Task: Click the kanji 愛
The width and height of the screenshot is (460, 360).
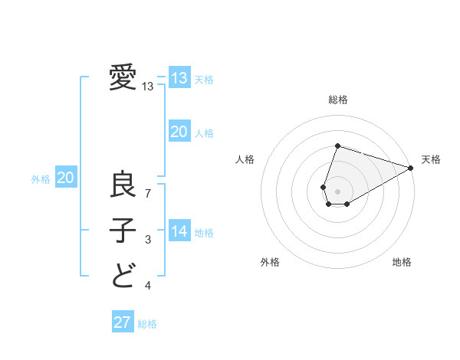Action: coord(123,78)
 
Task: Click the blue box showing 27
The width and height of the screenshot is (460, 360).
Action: coord(123,322)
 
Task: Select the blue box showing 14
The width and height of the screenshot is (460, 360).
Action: coord(179,231)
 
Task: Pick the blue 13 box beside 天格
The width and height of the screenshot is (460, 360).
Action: coord(179,78)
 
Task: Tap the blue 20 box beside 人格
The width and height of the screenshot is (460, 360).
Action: coord(179,132)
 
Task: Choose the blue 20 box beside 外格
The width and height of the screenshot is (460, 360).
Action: coord(66,178)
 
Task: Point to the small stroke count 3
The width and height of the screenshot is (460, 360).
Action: coord(148,241)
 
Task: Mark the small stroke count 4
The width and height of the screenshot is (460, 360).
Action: coord(148,286)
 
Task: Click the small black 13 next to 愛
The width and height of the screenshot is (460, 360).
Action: coord(148,87)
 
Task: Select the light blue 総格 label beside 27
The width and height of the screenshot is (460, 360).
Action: coord(147,324)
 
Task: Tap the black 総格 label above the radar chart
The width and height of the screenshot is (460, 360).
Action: coord(337,100)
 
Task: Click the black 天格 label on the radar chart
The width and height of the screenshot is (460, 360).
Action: coord(431,159)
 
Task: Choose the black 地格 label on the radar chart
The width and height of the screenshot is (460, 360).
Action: coord(402,263)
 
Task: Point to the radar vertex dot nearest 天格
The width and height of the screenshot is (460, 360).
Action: coord(412,168)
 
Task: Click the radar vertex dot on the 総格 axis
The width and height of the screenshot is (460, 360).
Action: coord(337,146)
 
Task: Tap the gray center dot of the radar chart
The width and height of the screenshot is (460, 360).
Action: coord(337,189)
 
